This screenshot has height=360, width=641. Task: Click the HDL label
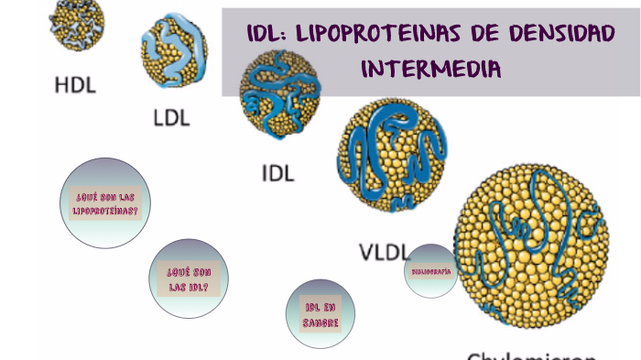(75, 85)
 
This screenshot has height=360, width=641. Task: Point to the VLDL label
(383, 252)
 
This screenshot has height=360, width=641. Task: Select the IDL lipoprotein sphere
(279, 93)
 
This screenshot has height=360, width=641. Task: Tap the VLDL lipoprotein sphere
(392, 156)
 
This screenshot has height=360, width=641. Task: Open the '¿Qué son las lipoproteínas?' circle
(105, 203)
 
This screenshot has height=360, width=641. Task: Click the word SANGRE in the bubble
(322, 322)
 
